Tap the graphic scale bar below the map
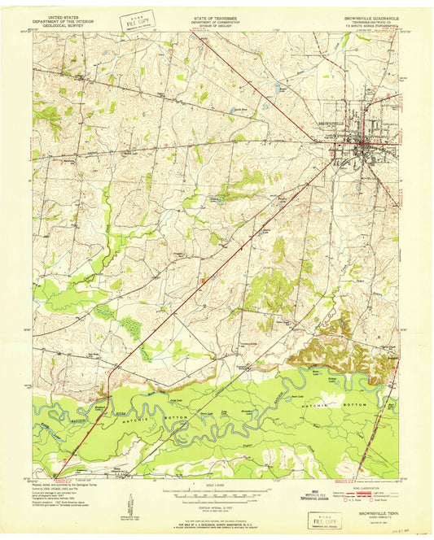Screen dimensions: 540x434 click(x=215, y=494)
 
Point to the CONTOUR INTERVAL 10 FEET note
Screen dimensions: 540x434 click(x=215, y=505)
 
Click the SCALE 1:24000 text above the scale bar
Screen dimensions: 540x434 click(x=215, y=486)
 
